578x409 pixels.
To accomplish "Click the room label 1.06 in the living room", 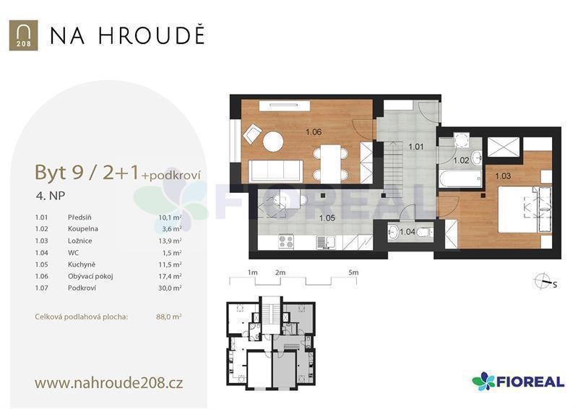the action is click(x=314, y=132).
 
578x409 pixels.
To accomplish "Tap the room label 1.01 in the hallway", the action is click(x=416, y=147).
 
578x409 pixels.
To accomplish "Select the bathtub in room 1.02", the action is click(x=460, y=178).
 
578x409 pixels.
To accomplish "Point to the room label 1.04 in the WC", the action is click(x=407, y=232).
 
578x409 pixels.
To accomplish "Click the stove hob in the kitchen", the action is click(x=285, y=241).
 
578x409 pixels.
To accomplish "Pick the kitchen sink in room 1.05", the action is click(x=326, y=242).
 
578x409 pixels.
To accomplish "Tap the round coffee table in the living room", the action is click(x=273, y=142).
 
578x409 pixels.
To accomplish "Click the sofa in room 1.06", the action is click(x=276, y=171).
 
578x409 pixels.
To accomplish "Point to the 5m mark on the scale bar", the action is click(x=353, y=272).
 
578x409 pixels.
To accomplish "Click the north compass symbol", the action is click(x=543, y=281).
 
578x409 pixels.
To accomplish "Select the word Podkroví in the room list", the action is click(x=82, y=288).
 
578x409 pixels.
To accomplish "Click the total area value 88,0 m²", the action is click(x=169, y=317).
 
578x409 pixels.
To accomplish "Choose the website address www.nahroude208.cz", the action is click(x=109, y=383).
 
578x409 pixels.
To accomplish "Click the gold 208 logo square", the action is click(x=23, y=35).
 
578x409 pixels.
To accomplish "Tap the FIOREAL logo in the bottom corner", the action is click(x=518, y=382).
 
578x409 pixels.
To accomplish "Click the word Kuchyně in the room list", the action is click(x=82, y=264).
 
